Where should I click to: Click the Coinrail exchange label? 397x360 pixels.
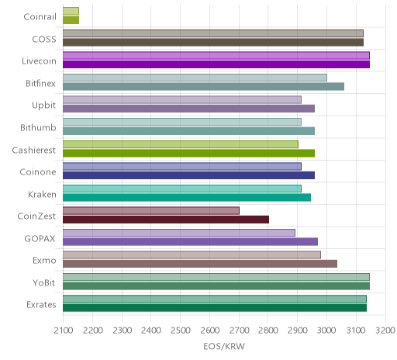(x=40, y=17)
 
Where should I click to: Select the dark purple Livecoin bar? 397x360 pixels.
(x=216, y=64)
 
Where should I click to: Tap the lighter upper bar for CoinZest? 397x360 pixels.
(x=151, y=210)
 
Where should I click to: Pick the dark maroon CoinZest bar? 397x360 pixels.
(x=166, y=220)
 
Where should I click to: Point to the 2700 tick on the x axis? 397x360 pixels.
(x=239, y=331)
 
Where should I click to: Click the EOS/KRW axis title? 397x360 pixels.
(x=224, y=346)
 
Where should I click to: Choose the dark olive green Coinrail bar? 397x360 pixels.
(x=71, y=20)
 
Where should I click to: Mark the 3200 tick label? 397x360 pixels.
(x=385, y=331)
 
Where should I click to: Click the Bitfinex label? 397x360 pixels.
(x=40, y=84)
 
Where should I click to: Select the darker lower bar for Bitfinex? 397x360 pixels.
(x=204, y=87)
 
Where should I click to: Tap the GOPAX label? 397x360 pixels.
(x=40, y=238)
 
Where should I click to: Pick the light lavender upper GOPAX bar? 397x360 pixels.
(x=179, y=233)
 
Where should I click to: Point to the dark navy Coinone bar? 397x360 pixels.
(x=189, y=175)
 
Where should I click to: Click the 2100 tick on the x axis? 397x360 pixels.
(x=64, y=331)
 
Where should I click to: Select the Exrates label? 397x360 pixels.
(x=41, y=305)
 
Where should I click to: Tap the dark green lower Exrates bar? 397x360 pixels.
(x=215, y=308)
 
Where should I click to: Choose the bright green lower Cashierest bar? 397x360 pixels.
(x=189, y=154)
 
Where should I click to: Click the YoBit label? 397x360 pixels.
(x=44, y=282)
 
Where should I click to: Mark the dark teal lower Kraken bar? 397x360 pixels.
(x=187, y=198)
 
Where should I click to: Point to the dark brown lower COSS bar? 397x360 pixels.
(x=213, y=43)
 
